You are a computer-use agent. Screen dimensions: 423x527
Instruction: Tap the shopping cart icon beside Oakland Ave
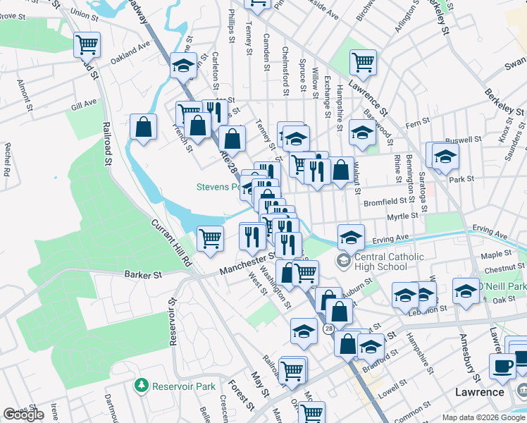(87, 45)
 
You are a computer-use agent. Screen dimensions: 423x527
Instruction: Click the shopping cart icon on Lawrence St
(363, 62)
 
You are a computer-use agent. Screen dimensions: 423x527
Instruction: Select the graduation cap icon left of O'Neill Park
(466, 291)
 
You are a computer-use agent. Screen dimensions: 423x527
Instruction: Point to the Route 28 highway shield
(329, 329)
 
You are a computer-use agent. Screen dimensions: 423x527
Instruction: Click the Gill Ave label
(84, 104)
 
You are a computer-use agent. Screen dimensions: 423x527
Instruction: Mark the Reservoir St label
(171, 326)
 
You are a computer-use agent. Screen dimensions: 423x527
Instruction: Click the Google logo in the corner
(23, 415)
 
